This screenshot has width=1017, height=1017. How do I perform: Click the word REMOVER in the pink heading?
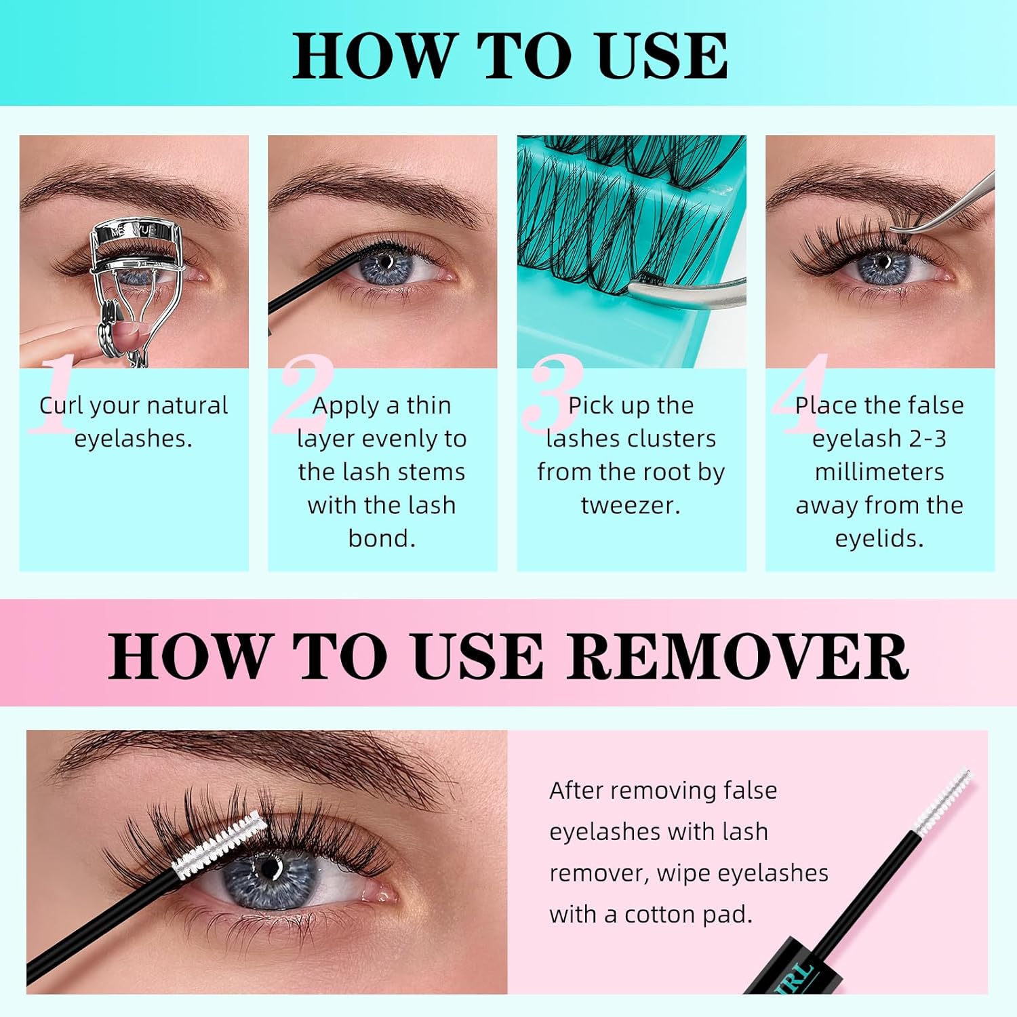[x=738, y=656]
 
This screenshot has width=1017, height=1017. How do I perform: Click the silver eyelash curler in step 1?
[x=136, y=271]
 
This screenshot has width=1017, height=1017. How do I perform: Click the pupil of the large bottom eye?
[x=270, y=868]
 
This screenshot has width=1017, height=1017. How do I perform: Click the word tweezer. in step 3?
[x=631, y=505]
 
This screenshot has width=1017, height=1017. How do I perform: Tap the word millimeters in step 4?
[x=879, y=472]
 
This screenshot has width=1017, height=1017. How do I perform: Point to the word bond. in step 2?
[x=382, y=538]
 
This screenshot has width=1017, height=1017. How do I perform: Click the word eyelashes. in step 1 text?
[x=134, y=439]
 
